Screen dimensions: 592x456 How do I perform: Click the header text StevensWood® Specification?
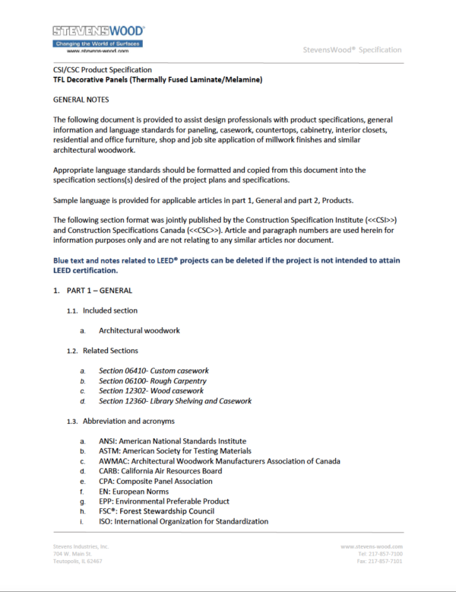tap(352, 49)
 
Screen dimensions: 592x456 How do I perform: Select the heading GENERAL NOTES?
tap(81, 100)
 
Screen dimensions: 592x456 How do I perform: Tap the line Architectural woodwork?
tap(139, 330)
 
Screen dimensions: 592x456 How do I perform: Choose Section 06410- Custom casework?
tap(154, 371)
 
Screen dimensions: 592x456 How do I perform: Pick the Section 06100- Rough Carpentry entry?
tap(152, 380)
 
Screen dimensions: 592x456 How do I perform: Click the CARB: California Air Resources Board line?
tap(160, 471)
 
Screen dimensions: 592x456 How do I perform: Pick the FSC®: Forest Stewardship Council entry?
tap(156, 511)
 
